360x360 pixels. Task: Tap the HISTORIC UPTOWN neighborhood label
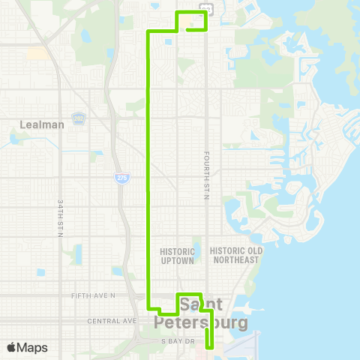[178, 256]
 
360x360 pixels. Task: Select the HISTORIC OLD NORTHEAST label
[235, 255]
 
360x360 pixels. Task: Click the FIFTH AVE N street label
[94, 295]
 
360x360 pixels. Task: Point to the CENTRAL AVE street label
[113, 321]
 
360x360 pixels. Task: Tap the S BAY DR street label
[178, 341]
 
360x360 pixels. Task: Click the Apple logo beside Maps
[11, 347]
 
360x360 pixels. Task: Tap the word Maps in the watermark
[32, 347]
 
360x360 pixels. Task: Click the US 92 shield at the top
[206, 7]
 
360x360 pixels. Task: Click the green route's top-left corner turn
[148, 31]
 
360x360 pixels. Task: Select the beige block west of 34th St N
[35, 54]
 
